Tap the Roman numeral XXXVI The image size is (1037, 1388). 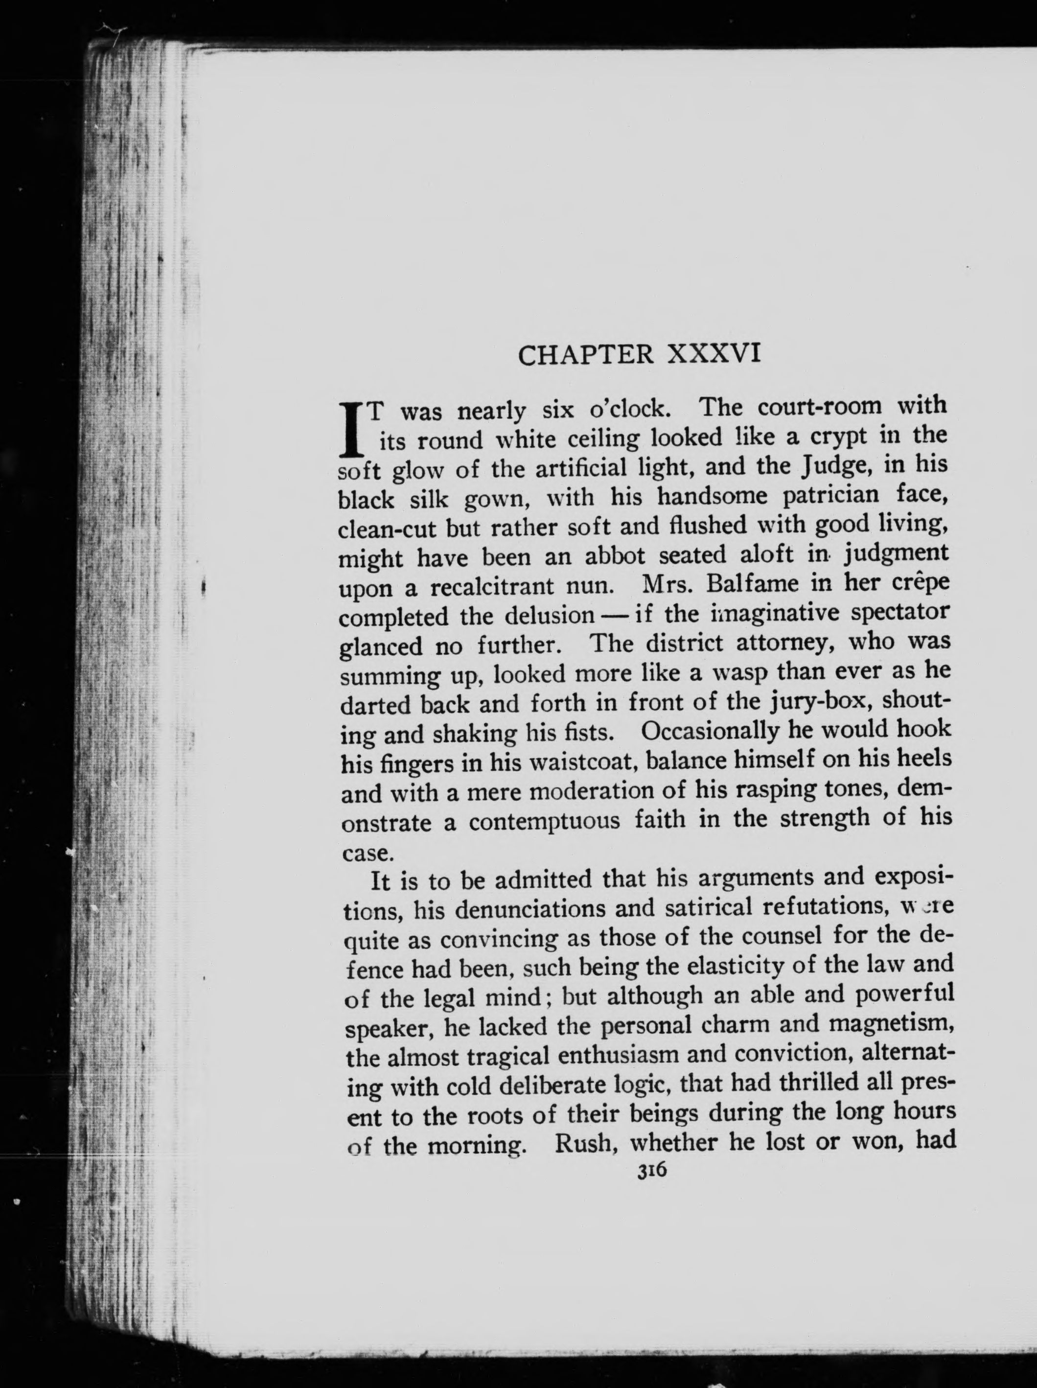pos(714,354)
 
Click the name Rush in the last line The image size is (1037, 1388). pos(583,1143)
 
